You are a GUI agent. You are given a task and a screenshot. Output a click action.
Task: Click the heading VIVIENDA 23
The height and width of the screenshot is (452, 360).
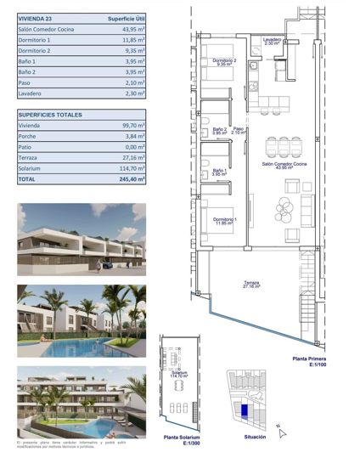click(37, 17)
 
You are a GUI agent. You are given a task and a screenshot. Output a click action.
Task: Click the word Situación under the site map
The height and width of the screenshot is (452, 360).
click(255, 437)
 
